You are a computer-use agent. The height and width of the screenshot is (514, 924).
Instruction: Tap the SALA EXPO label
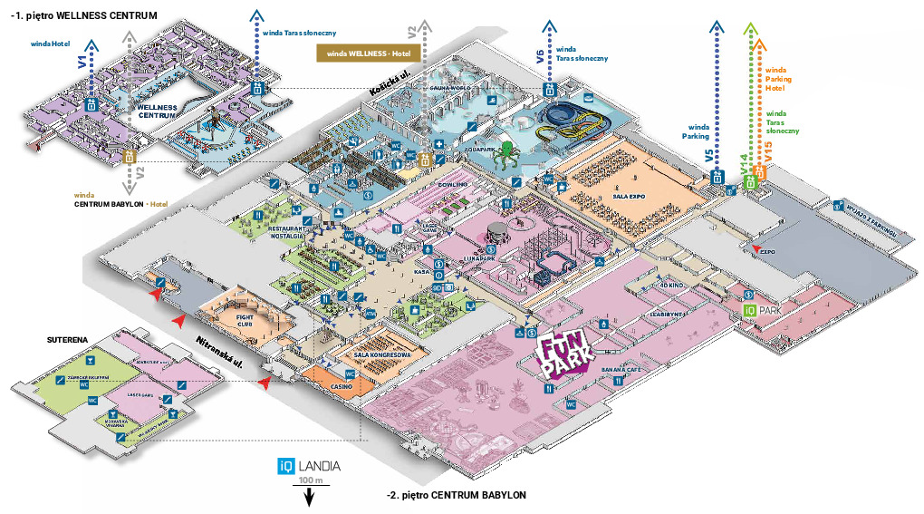[x=628, y=194]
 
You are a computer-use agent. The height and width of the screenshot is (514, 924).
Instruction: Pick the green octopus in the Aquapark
[x=507, y=153]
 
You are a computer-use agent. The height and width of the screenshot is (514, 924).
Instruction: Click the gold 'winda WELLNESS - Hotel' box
[x=361, y=53]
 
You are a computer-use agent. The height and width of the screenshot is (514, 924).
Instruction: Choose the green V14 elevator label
[x=744, y=163]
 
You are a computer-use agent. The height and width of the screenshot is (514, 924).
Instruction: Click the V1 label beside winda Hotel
[x=82, y=63]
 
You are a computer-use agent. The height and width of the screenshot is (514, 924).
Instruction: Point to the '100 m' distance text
[x=310, y=480]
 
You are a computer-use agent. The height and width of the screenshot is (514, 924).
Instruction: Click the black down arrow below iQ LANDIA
[x=309, y=497]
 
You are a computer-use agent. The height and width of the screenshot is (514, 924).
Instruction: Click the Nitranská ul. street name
[x=221, y=351]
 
